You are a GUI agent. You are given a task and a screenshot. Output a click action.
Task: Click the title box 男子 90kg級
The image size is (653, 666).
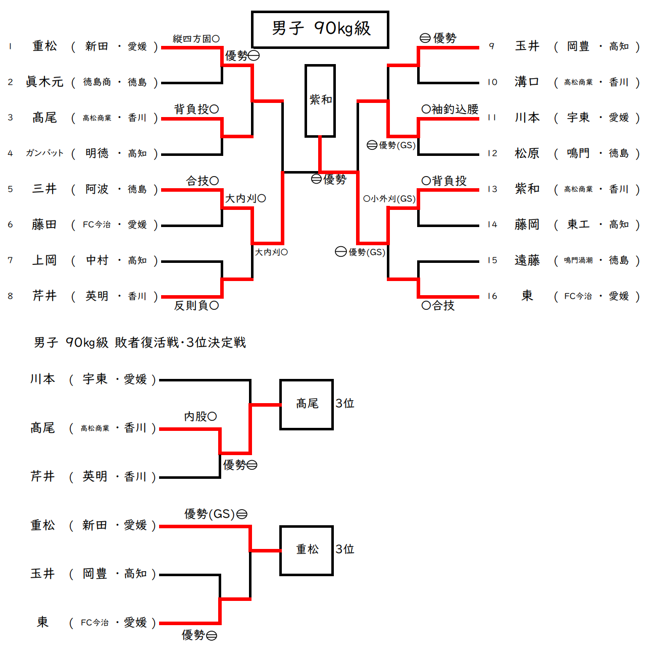tap(320, 29)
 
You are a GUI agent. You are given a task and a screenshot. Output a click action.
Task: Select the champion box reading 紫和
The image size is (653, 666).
tap(320, 100)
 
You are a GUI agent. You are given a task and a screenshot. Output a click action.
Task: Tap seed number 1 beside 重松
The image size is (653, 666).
tap(10, 46)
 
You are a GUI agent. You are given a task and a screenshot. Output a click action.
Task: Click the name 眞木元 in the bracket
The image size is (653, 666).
tap(44, 82)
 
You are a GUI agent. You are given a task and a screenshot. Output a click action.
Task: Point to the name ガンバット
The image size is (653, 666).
tap(44, 153)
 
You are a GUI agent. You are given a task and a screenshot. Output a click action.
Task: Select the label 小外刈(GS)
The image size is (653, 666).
tap(389, 199)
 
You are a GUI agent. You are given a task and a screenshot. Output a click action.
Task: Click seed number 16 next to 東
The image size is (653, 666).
tap(492, 296)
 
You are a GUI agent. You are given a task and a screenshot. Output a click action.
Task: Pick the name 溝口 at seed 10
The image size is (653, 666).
tap(527, 82)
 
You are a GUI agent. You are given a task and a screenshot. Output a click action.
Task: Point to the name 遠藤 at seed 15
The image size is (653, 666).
tap(527, 260)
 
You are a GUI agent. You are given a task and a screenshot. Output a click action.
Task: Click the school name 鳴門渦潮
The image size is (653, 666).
tap(578, 260)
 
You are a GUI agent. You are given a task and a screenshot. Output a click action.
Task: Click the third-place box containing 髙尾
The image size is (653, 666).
tap(307, 404)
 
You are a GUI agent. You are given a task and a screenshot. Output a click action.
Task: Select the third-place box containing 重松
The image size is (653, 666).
tap(307, 550)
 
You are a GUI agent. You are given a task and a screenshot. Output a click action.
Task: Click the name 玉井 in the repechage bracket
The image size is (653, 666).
tap(42, 574)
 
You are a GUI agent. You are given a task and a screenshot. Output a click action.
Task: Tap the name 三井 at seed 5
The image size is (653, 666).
tap(44, 189)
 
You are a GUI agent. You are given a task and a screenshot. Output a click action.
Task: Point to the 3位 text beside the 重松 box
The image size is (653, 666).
tap(345, 549)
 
